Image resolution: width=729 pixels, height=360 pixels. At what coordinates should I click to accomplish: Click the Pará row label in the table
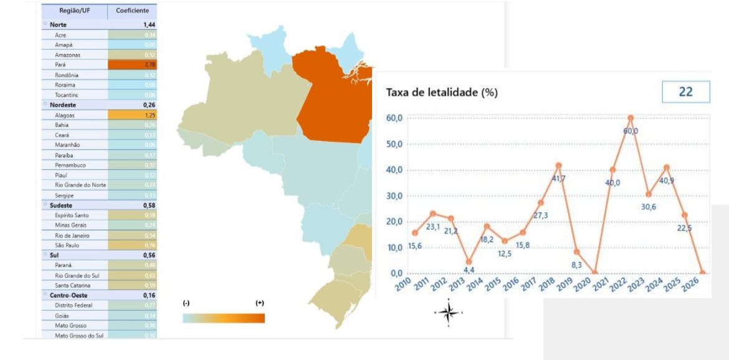pyautogui.click(x=60, y=65)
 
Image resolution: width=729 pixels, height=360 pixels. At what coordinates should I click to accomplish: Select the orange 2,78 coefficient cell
pyautogui.click(x=132, y=65)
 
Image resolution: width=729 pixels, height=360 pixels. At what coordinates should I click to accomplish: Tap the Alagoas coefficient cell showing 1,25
pyautogui.click(x=132, y=115)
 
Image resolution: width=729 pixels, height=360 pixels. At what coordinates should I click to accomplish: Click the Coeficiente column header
pyautogui.click(x=132, y=11)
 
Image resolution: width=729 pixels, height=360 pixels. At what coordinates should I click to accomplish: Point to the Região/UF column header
pyautogui.click(x=74, y=11)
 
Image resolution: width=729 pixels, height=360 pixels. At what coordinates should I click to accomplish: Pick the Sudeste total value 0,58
pyautogui.click(x=148, y=205)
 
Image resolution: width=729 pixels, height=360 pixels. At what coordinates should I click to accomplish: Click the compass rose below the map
pyautogui.click(x=448, y=313)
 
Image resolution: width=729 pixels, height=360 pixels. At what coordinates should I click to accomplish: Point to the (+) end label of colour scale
pyautogui.click(x=260, y=303)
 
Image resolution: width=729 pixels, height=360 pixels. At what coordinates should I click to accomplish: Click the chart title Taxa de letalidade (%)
pyautogui.click(x=442, y=92)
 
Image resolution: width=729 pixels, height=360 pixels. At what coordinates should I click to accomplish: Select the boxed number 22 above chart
pyautogui.click(x=685, y=92)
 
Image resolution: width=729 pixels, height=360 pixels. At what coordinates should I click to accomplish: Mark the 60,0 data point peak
pyautogui.click(x=631, y=118)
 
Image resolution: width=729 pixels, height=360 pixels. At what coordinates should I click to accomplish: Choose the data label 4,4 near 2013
pyautogui.click(x=469, y=270)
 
